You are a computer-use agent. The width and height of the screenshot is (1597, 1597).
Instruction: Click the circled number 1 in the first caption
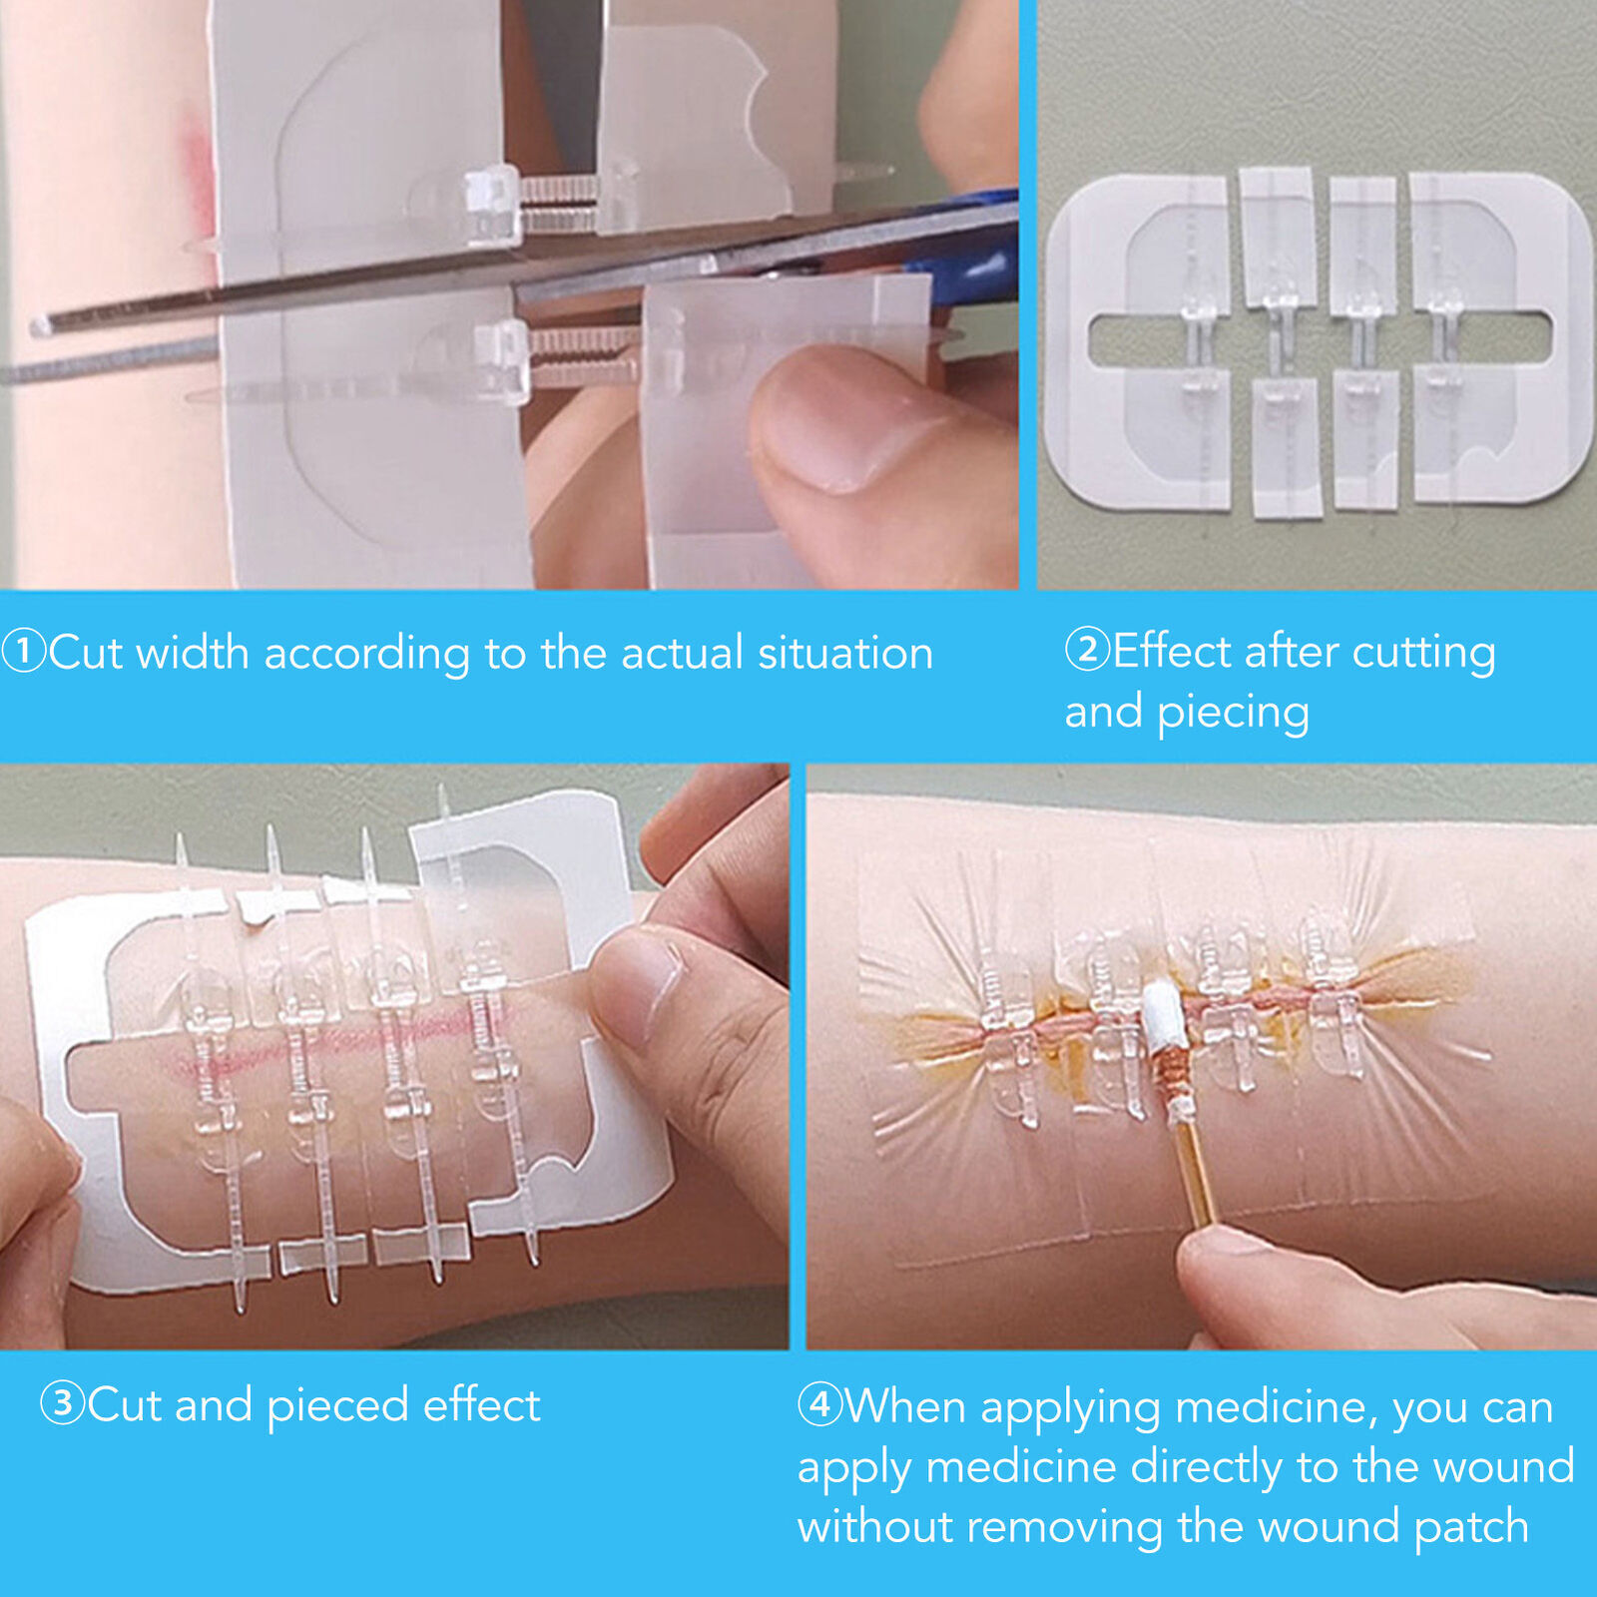24,651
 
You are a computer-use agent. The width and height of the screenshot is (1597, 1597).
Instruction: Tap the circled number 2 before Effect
1087,649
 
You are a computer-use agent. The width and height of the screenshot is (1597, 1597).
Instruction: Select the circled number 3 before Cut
62,1403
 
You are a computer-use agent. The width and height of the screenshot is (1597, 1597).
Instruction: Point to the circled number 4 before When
819,1404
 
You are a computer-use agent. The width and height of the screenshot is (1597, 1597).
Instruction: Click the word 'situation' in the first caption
845,653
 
